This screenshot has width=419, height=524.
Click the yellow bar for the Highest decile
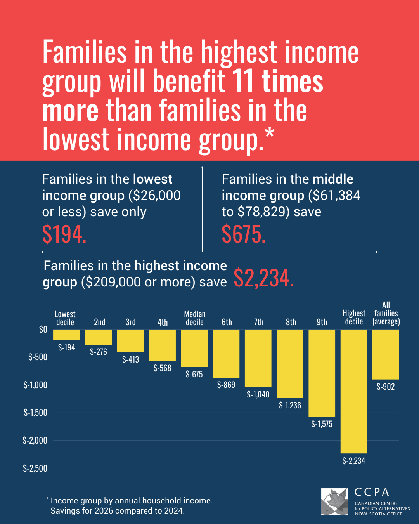pos(354,391)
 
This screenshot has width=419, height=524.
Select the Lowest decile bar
pos(66,335)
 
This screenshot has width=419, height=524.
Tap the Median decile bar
pos(194,348)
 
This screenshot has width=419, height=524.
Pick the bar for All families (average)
pos(386,354)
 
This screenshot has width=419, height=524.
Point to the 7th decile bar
pos(258,358)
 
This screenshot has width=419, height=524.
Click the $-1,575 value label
pos(322,424)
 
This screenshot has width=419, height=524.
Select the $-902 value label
pos(386,387)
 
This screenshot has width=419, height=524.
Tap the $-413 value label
pos(130,359)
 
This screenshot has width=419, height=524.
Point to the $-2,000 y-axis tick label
pos(35,440)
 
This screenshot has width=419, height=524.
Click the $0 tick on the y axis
pos(43,330)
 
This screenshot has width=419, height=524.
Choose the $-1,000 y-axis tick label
pos(35,385)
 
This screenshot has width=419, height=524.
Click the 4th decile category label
pos(163,322)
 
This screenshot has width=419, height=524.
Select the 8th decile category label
pos(291,322)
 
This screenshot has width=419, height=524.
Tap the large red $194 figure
pos(64,234)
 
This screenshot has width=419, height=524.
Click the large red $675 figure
pos(244,234)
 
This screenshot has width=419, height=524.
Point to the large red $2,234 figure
pos(264,278)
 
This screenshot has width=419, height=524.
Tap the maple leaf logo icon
pos(335,501)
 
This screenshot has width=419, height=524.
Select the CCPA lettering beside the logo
pos(372,492)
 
